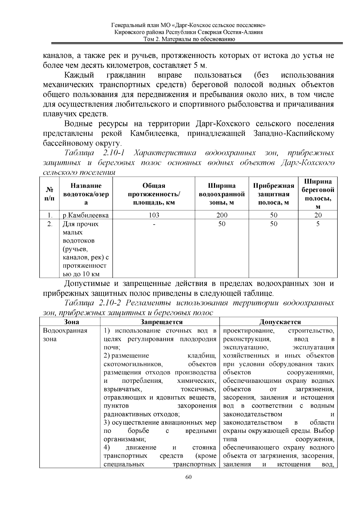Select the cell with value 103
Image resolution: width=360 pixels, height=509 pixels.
[x=154, y=215]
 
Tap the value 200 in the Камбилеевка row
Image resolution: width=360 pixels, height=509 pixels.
[x=222, y=215]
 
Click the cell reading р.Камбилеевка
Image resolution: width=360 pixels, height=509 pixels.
[x=85, y=215]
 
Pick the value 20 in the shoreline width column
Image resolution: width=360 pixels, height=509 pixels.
[x=318, y=215]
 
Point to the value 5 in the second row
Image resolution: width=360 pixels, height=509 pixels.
[x=318, y=224]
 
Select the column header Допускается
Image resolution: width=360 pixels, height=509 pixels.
[x=280, y=322]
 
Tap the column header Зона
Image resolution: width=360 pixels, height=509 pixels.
[x=72, y=322]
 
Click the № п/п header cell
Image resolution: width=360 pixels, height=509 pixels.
[x=50, y=194]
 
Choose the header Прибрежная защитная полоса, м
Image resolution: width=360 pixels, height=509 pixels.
[x=273, y=194]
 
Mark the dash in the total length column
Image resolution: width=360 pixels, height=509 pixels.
[x=154, y=224]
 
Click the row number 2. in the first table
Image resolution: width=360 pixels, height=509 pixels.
[x=50, y=224]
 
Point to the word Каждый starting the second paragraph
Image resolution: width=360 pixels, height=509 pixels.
[x=79, y=75]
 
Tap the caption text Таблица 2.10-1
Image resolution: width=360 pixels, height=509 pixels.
[x=94, y=153]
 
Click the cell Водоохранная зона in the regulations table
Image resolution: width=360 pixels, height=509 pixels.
[x=65, y=335]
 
